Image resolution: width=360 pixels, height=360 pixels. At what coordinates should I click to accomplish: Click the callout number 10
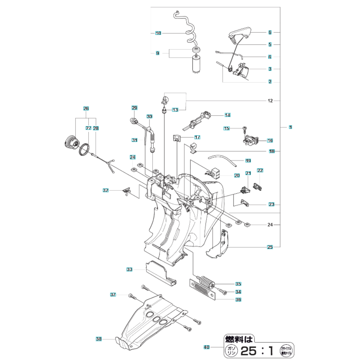tap(158, 33)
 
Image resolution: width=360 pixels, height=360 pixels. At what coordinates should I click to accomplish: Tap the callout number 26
tap(86, 108)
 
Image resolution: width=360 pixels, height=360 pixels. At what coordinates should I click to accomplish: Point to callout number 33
tap(130, 269)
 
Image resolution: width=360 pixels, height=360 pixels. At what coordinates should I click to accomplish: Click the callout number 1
tap(291, 127)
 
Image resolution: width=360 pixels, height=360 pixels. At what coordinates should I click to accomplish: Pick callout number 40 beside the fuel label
tap(206, 347)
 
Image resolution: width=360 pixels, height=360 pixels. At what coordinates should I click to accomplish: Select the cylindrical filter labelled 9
tap(197, 65)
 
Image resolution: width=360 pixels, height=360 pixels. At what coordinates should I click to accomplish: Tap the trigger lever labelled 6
tap(240, 33)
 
